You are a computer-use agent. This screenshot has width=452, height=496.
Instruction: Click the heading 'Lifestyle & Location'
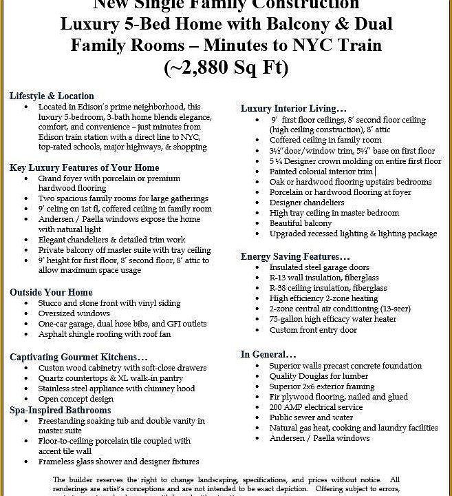pos(52,96)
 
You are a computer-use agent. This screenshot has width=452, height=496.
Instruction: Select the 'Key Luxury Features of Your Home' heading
pos(84,167)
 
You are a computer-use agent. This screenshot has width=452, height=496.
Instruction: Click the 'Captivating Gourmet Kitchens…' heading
pos(78,357)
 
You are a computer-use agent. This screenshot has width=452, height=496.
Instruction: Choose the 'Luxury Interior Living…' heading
pos(293,108)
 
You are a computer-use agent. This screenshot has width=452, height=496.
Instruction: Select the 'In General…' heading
pos(268,354)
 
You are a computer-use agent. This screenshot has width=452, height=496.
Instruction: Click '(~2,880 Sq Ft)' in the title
pos(226,68)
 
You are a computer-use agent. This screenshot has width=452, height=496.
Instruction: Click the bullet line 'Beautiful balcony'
pos(301,223)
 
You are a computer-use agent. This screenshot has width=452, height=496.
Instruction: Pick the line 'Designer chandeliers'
pos(307,203)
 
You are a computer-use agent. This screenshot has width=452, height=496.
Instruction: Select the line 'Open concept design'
pos(76,399)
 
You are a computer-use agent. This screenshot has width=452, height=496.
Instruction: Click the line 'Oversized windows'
pos(74,313)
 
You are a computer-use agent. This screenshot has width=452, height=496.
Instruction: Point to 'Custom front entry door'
pos(313,330)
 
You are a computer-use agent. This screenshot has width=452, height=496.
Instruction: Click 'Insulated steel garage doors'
pos(319,267)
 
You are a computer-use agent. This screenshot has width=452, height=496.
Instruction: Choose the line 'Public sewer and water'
pos(311,417)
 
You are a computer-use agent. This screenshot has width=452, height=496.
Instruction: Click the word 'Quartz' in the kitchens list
pos(52,378)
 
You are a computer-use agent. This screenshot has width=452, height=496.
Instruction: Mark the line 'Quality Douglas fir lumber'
pos(319,376)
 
